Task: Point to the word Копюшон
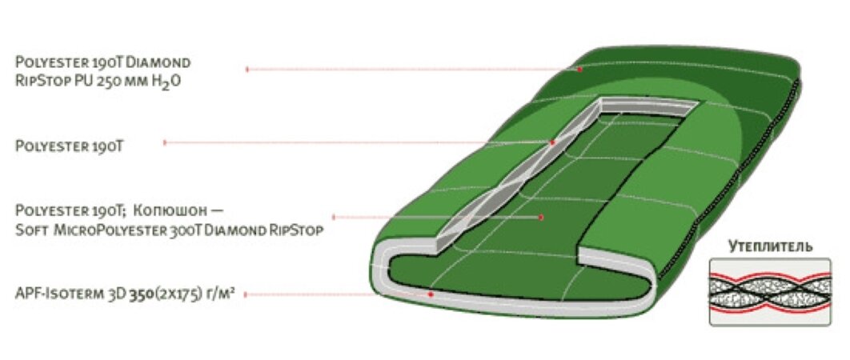point(173,211)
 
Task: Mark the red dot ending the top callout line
point(580,70)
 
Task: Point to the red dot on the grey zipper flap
point(552,142)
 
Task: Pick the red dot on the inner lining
point(542,217)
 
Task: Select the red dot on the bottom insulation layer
point(431,294)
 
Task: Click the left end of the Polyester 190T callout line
point(165,142)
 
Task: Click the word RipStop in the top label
point(40,81)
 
